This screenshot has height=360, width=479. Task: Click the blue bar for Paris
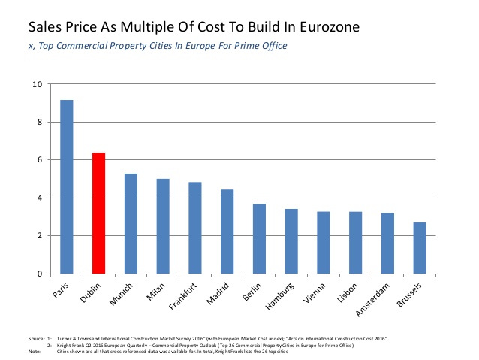coord(66,187)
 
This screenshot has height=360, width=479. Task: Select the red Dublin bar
coord(98,213)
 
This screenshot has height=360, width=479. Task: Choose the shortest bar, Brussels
coord(420,248)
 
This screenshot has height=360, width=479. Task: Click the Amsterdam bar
coord(387,244)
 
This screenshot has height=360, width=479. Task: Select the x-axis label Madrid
coord(221,292)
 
